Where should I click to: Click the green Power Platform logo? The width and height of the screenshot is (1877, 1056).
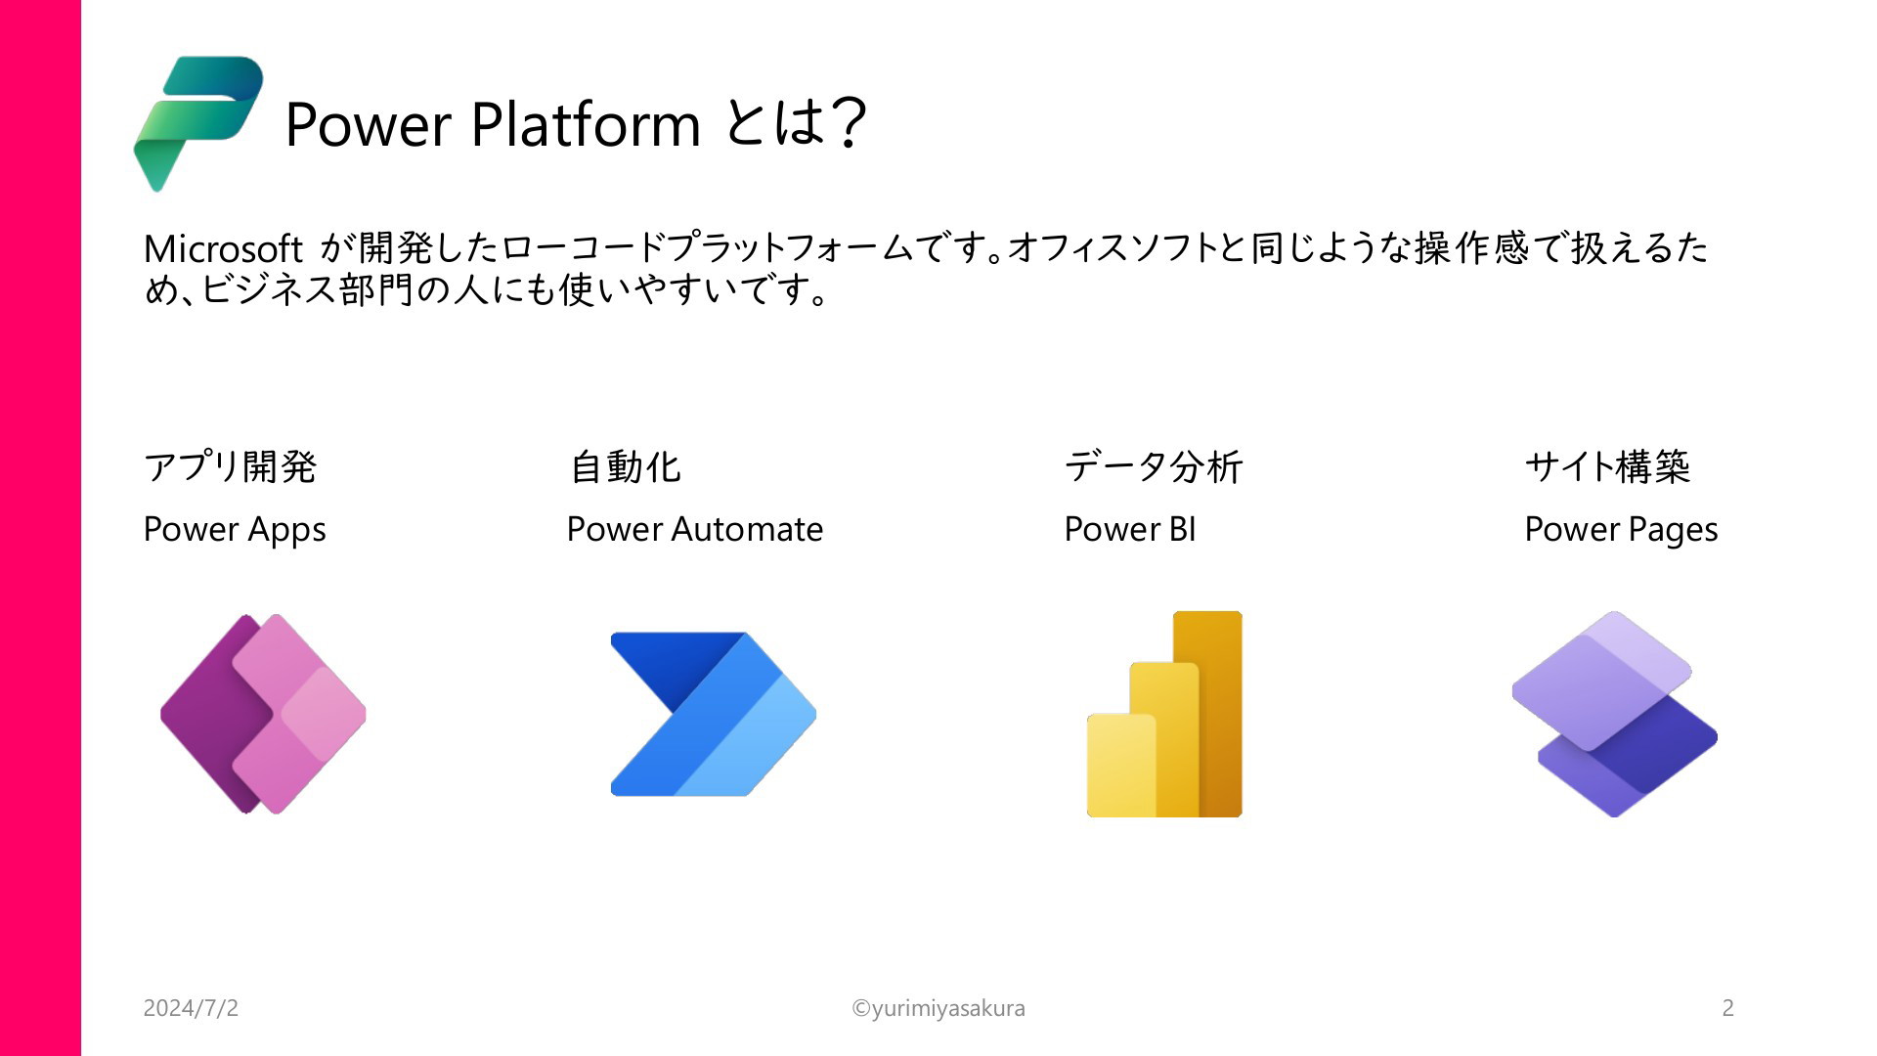tap(198, 123)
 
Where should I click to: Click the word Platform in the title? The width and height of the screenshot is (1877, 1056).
tap(586, 124)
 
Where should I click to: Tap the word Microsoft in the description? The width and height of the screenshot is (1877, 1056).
tap(223, 249)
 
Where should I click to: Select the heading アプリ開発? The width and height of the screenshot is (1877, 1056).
tap(230, 466)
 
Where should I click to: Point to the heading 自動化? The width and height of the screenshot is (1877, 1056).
tap(625, 466)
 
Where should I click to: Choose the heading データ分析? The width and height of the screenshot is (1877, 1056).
tap(1153, 466)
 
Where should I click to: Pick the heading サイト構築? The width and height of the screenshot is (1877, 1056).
tap(1607, 466)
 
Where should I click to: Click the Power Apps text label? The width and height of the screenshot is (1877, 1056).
tap(235, 530)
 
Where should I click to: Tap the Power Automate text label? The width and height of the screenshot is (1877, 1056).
tap(695, 529)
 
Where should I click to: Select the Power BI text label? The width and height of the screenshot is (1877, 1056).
tap(1130, 529)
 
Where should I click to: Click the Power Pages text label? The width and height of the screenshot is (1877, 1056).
tap(1621, 530)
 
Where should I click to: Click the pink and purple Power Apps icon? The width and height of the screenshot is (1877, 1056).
tap(263, 714)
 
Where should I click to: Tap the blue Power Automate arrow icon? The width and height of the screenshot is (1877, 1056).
tap(714, 714)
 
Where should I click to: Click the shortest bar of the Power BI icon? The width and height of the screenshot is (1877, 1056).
tap(1121, 766)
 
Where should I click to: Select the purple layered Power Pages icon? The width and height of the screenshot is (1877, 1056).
tap(1614, 714)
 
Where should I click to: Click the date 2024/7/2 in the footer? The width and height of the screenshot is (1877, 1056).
tap(191, 1008)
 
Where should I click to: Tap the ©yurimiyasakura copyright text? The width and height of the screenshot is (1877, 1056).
tap(938, 1008)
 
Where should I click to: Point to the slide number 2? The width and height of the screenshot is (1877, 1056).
tap(1727, 1008)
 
